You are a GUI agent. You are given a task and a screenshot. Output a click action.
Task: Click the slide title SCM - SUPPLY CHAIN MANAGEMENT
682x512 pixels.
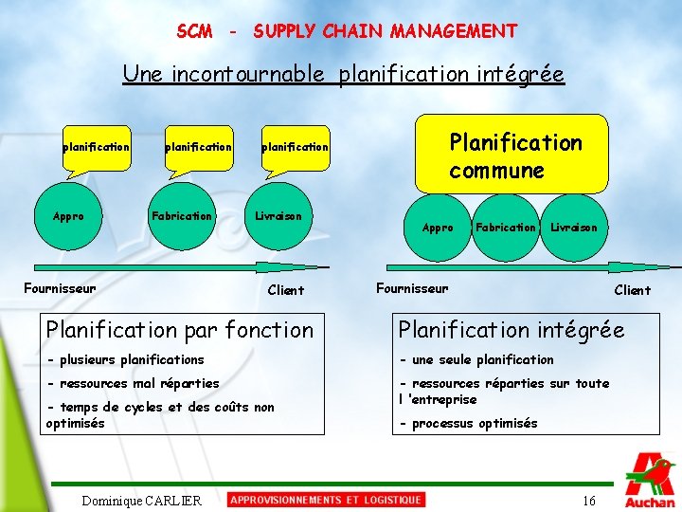(x=347, y=31)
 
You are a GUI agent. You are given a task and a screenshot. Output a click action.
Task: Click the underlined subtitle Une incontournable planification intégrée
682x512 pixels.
(x=343, y=74)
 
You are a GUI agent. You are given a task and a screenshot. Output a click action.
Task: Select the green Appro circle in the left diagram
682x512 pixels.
(x=68, y=216)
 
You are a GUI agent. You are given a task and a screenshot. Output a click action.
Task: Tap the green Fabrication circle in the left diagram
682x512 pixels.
(x=182, y=216)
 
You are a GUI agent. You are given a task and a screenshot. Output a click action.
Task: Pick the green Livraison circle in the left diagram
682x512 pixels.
(x=278, y=216)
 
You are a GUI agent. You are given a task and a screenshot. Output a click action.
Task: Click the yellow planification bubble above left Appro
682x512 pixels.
(x=96, y=147)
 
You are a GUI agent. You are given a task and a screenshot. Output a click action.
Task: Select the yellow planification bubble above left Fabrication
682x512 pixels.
(x=198, y=147)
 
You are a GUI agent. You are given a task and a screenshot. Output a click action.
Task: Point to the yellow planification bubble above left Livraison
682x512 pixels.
(x=295, y=147)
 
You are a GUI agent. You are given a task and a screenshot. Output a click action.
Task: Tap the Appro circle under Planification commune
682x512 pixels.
(x=438, y=228)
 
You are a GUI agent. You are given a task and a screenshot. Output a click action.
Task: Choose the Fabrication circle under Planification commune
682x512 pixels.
(x=505, y=228)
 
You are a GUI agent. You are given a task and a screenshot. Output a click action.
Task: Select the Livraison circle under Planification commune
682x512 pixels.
(x=574, y=228)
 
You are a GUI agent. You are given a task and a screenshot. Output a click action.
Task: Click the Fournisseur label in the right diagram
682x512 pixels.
(x=412, y=287)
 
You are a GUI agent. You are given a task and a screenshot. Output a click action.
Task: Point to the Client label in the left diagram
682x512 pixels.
(x=286, y=290)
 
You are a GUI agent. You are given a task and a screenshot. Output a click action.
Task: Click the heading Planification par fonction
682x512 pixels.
(x=180, y=330)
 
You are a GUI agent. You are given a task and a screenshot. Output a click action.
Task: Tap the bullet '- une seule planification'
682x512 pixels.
(x=476, y=359)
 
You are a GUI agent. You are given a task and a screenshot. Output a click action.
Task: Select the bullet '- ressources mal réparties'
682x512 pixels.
(x=133, y=383)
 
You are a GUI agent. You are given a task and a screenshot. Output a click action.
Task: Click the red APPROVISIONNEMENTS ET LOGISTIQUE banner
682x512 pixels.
(x=326, y=500)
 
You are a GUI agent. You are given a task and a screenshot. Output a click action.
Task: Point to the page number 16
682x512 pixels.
(x=589, y=501)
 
